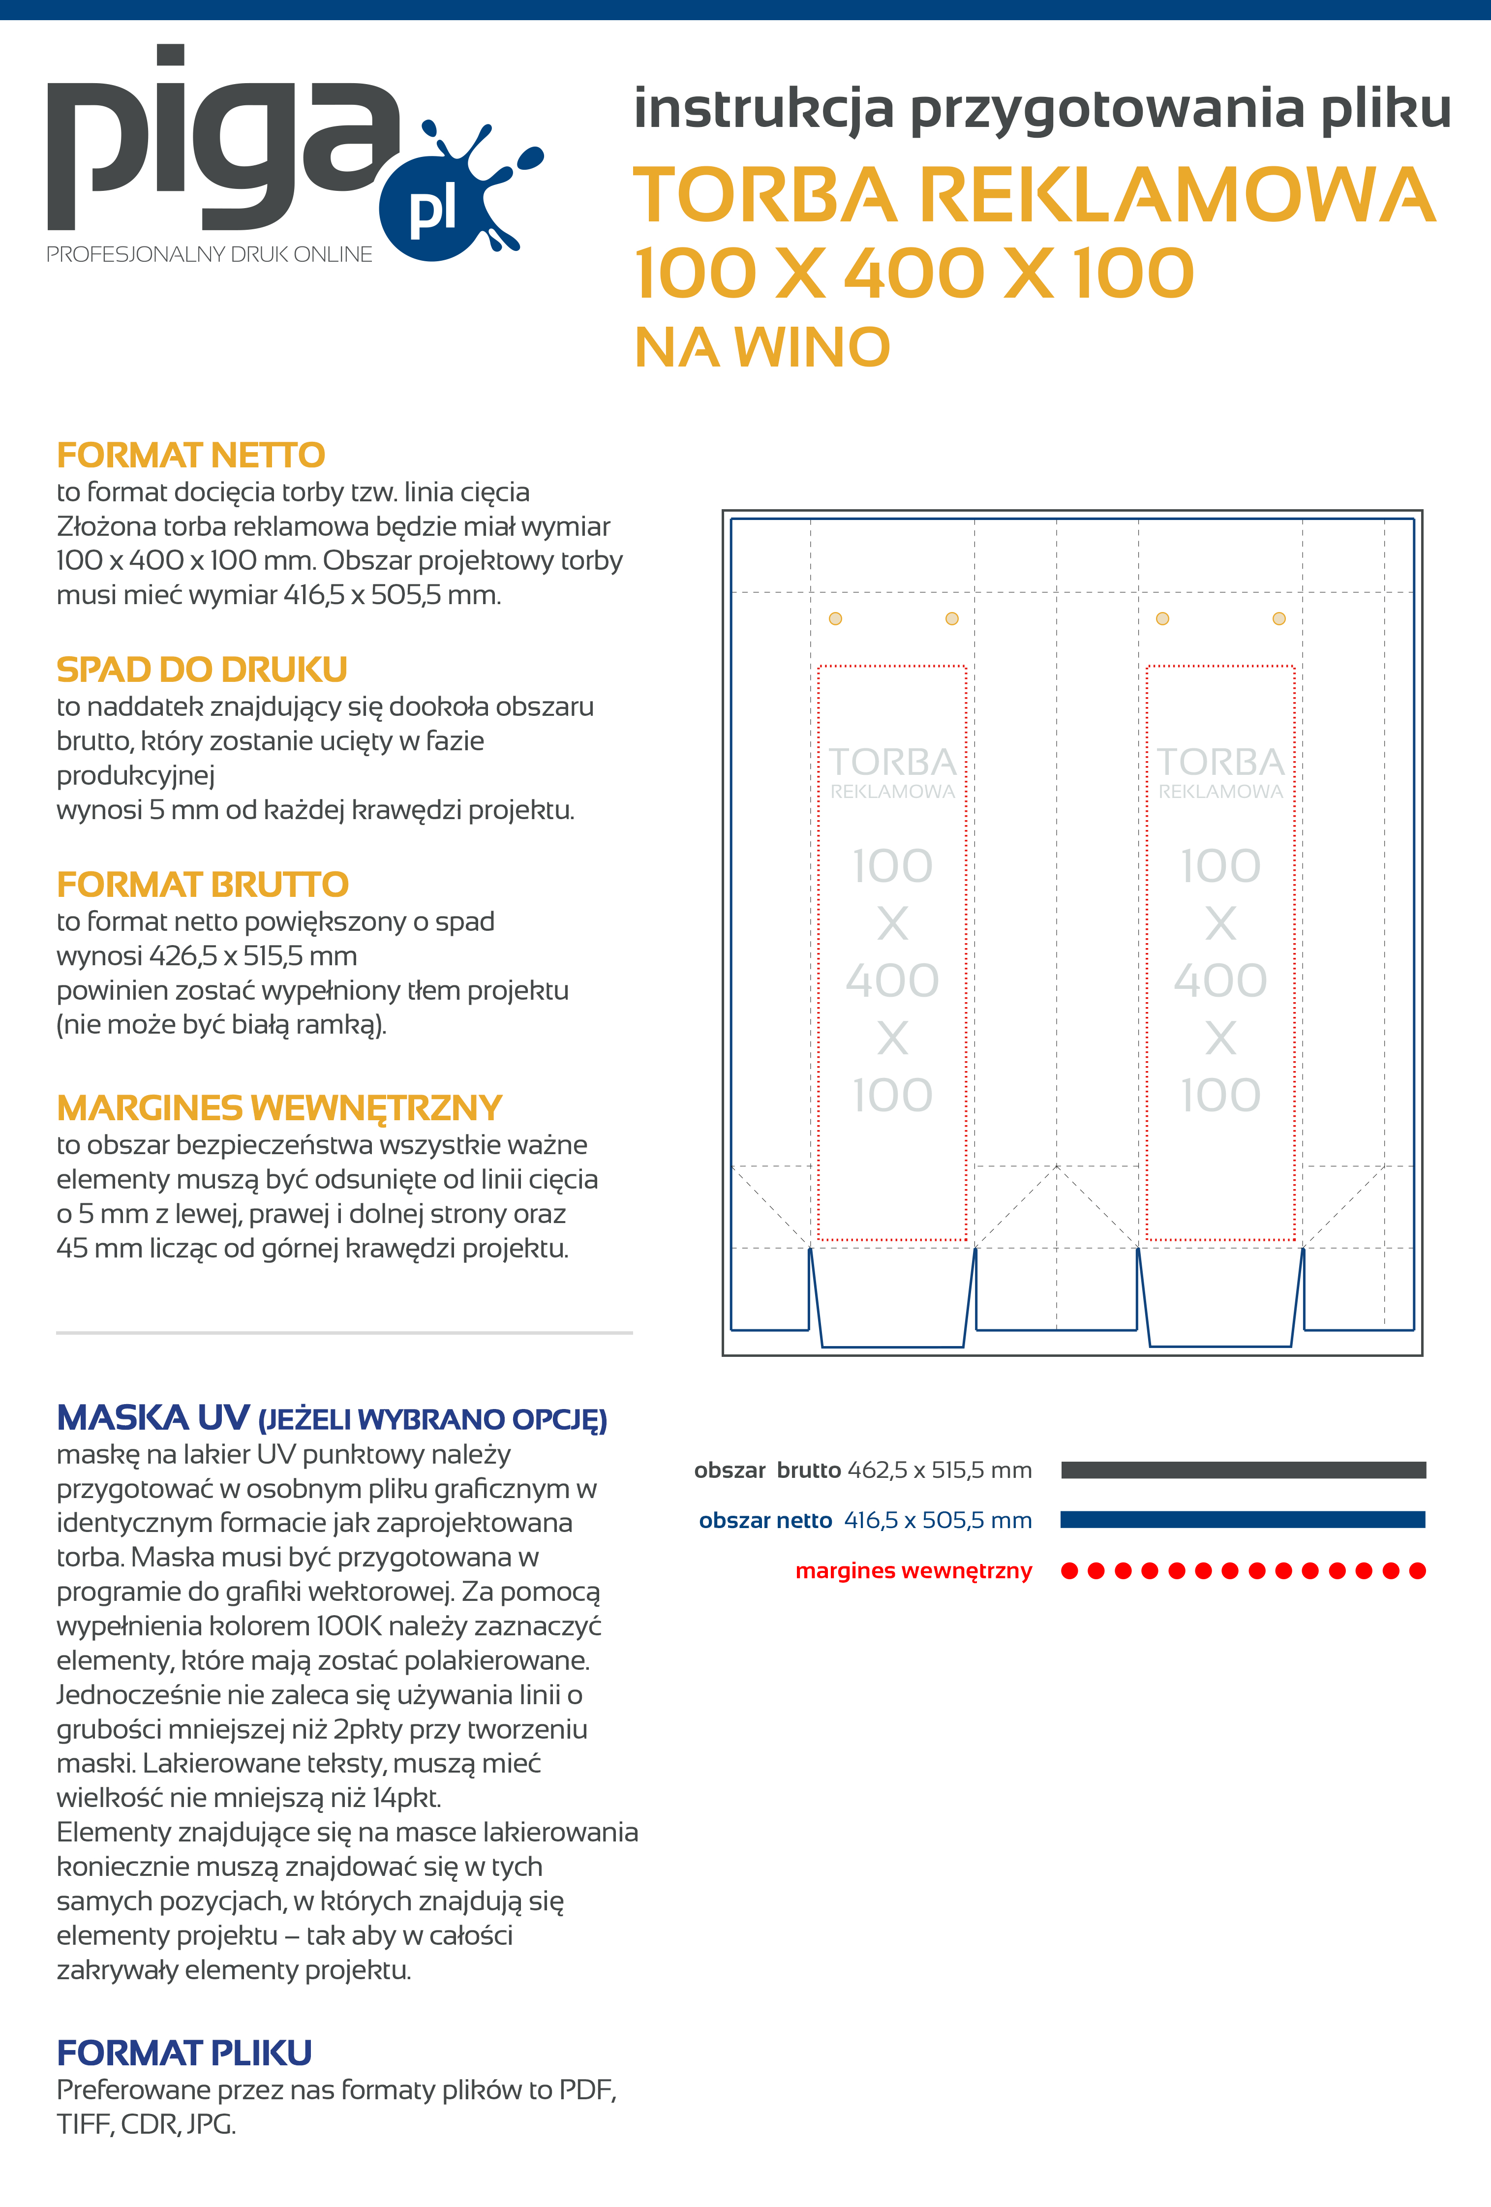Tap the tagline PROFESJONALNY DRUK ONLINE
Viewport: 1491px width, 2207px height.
pyautogui.click(x=209, y=254)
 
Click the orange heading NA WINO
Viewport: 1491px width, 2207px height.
pyautogui.click(x=761, y=347)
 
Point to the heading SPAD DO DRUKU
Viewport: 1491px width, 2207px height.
pyautogui.click(x=201, y=670)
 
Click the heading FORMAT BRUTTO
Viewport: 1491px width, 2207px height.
pyautogui.click(x=202, y=884)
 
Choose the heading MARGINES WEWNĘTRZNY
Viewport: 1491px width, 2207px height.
pyautogui.click(x=278, y=1107)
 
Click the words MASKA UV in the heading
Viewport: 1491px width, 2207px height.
pyautogui.click(x=153, y=1418)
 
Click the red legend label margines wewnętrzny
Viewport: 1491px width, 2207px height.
pyautogui.click(x=913, y=1571)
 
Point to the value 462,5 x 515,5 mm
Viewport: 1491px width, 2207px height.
pyautogui.click(x=939, y=1470)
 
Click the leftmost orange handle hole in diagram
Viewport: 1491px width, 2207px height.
pyautogui.click(x=836, y=618)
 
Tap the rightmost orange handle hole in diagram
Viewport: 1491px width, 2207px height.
pyautogui.click(x=1279, y=618)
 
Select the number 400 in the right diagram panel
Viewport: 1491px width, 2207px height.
pyautogui.click(x=1220, y=980)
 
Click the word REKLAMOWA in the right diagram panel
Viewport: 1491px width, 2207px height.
pyautogui.click(x=1220, y=791)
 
